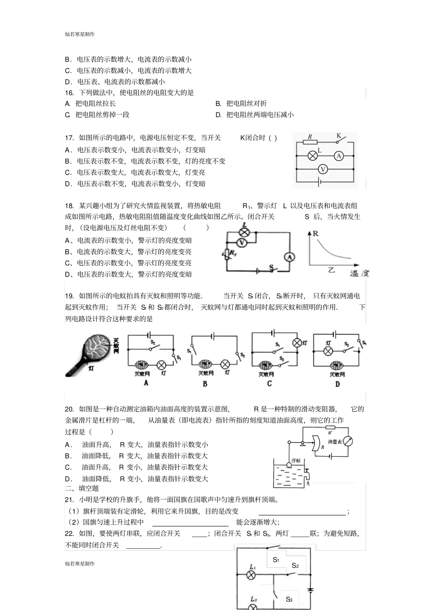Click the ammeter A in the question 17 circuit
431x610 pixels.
(338, 156)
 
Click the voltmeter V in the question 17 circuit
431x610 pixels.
(323, 169)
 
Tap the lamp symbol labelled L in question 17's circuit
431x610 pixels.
(312, 156)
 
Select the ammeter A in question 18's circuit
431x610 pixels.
(289, 257)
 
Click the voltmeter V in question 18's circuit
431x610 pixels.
(242, 243)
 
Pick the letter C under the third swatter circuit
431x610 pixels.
(269, 384)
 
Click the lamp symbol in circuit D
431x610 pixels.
(328, 351)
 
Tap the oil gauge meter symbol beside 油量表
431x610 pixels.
(348, 441)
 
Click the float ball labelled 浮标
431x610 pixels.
(289, 465)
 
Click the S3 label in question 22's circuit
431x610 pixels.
(289, 599)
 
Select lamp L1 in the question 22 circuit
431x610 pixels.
(250, 575)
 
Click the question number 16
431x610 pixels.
(69, 93)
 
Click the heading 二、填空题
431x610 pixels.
(82, 488)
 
